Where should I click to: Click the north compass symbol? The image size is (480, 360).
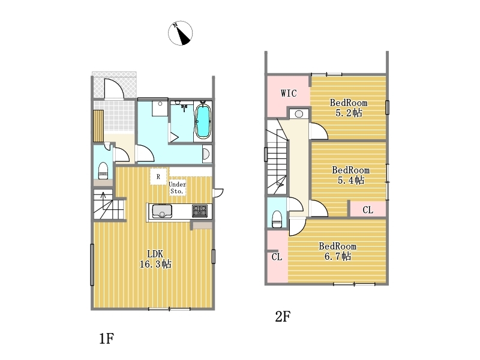(x=181, y=33)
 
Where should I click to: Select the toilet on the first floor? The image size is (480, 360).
(x=103, y=171)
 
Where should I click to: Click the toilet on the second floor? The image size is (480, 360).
(x=277, y=219)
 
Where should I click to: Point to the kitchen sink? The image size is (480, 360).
(x=162, y=211)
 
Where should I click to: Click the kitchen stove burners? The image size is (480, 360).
(x=200, y=211)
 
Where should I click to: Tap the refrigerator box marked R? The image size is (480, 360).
(x=158, y=176)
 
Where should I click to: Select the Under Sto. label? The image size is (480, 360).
(x=177, y=188)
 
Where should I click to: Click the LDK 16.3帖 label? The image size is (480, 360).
(x=155, y=259)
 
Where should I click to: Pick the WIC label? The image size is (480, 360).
(x=289, y=93)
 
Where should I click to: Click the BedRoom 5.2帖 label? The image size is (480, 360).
(x=349, y=108)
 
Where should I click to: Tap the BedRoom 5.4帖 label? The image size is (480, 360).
(x=351, y=175)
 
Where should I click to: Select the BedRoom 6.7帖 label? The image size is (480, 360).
(x=338, y=251)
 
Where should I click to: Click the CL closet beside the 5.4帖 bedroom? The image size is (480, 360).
(x=368, y=209)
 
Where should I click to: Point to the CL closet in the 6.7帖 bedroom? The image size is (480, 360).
(x=277, y=257)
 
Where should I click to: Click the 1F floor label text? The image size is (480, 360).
(x=107, y=338)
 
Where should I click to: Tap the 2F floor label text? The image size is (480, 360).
(x=283, y=317)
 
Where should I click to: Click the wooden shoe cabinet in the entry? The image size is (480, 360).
(x=98, y=126)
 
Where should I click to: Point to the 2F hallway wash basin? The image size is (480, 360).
(x=299, y=114)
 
